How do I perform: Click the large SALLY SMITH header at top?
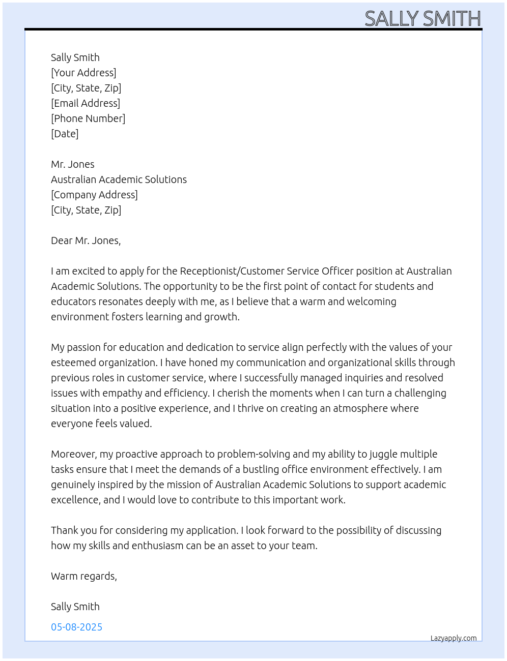[x=422, y=18]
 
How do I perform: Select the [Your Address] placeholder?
[x=83, y=73]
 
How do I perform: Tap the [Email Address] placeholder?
[x=86, y=103]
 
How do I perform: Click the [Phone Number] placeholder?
[x=88, y=118]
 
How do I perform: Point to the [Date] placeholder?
[x=65, y=134]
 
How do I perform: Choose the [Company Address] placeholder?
[x=94, y=195]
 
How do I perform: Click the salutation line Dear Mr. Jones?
[x=86, y=241]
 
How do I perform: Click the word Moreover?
[x=74, y=454]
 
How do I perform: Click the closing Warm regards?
[x=84, y=576]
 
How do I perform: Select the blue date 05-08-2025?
[x=76, y=627]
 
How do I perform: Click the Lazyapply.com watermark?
[x=454, y=638]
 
